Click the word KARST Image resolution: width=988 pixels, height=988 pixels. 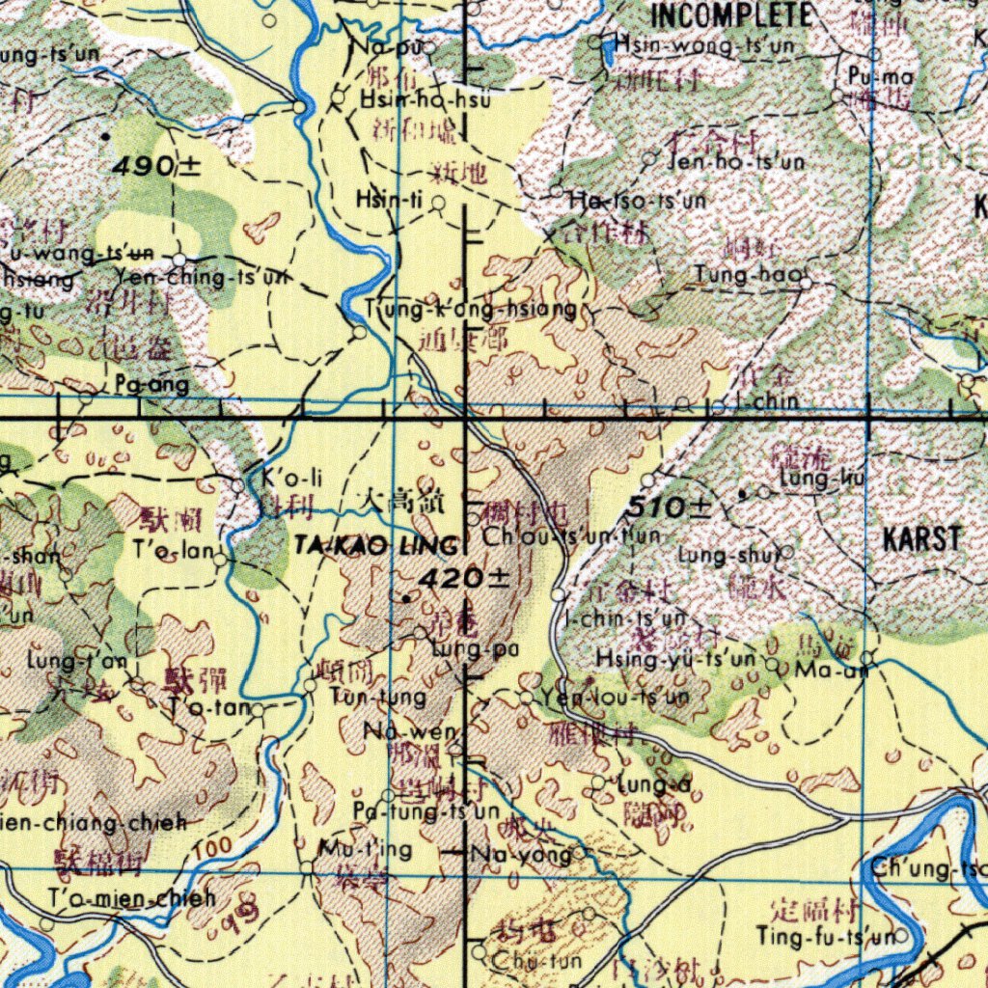pyautogui.click(x=922, y=538)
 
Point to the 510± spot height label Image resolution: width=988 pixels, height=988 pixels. pyautogui.click(x=670, y=506)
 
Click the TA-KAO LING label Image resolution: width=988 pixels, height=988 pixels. pyautogui.click(x=376, y=547)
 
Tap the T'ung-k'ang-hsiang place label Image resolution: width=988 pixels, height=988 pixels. pyautogui.click(x=472, y=310)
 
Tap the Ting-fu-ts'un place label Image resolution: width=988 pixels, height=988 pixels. pyautogui.click(x=825, y=936)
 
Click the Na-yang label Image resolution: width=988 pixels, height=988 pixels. pyautogui.click(x=518, y=853)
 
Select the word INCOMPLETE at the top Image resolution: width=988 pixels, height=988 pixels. pyautogui.click(x=731, y=14)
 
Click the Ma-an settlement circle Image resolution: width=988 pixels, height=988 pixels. pyautogui.click(x=866, y=660)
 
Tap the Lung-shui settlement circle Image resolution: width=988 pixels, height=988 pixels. pyautogui.click(x=787, y=553)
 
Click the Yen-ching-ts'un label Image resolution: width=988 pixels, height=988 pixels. pyautogui.click(x=201, y=278)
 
